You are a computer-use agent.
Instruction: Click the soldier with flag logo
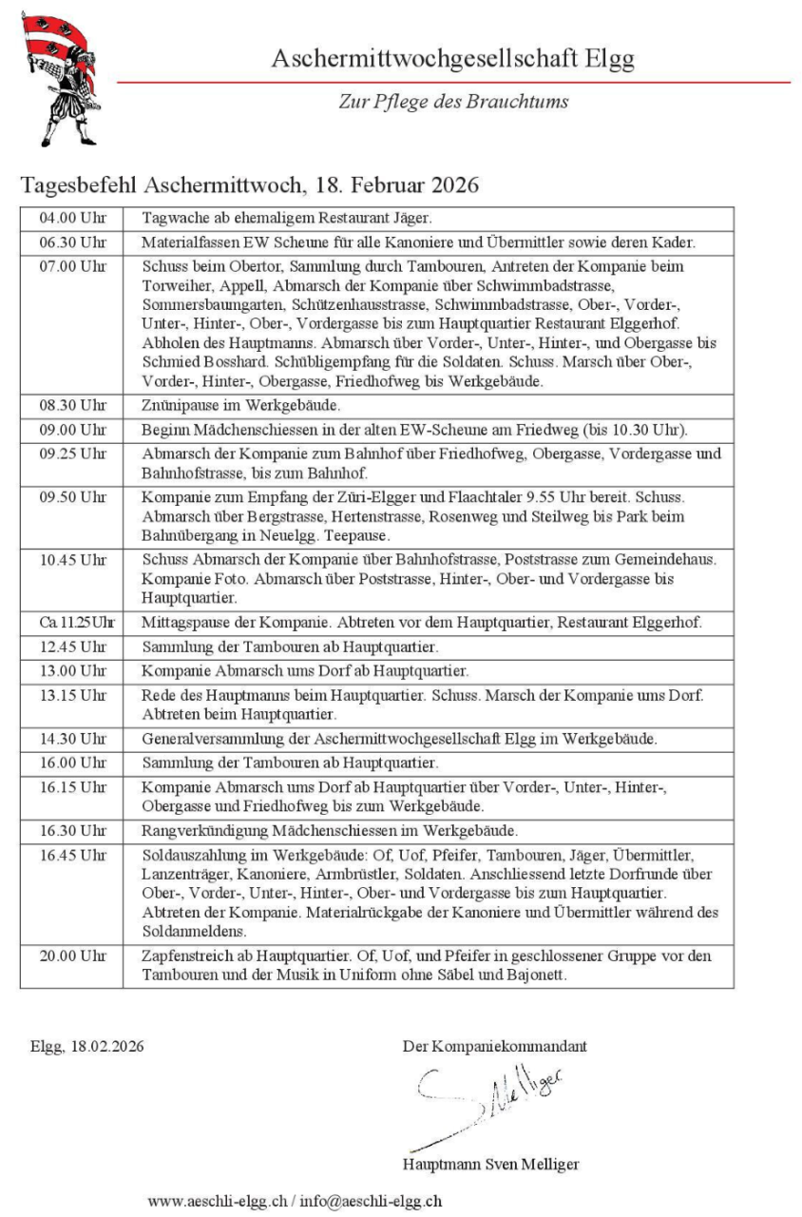[x=58, y=78]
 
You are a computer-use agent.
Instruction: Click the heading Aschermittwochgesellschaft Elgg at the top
[x=452, y=59]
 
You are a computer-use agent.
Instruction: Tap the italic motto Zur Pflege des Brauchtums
[x=453, y=102]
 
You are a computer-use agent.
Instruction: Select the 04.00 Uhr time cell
[x=72, y=218]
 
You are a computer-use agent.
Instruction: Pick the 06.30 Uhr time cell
[x=72, y=241]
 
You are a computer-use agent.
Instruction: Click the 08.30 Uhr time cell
[x=72, y=404]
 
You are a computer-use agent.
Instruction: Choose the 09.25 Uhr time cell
[x=72, y=454]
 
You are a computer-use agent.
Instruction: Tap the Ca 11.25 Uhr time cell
[x=72, y=623]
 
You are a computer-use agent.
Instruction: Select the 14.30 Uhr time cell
[x=72, y=738]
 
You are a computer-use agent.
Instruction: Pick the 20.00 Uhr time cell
[x=72, y=956]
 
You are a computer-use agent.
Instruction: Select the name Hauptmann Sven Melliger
[x=490, y=1164]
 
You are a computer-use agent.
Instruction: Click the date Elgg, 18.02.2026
[x=86, y=1047]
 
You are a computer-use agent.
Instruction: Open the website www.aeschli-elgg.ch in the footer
[x=217, y=1201]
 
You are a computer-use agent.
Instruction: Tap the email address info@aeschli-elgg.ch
[x=371, y=1201]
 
